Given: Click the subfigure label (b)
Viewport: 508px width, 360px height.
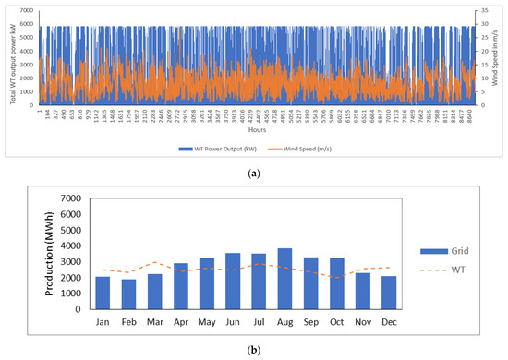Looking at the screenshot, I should coord(253,351).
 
